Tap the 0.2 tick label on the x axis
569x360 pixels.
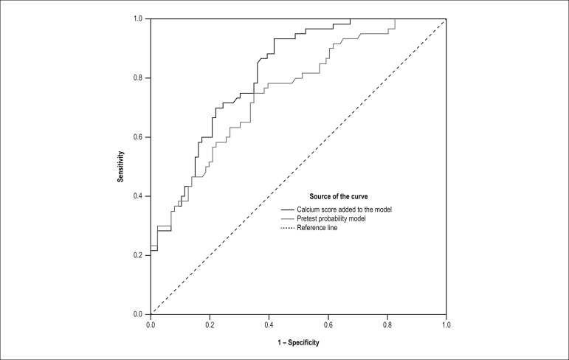210,323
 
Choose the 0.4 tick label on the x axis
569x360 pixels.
269,323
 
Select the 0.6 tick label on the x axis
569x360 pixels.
328,323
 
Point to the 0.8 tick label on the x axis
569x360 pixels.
387,323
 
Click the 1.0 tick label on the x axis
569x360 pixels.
446,323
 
